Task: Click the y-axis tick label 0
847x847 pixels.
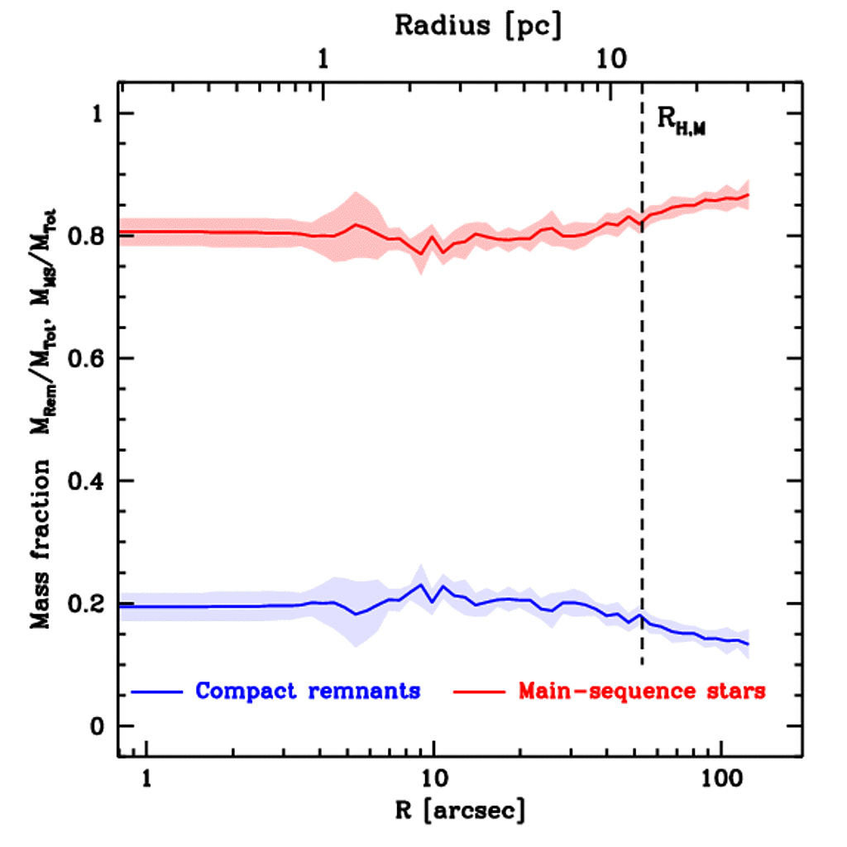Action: point(99,726)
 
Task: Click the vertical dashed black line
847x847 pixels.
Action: point(643,414)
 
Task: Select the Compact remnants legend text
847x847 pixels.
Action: point(308,691)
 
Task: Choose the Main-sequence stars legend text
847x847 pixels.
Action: point(641,691)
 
